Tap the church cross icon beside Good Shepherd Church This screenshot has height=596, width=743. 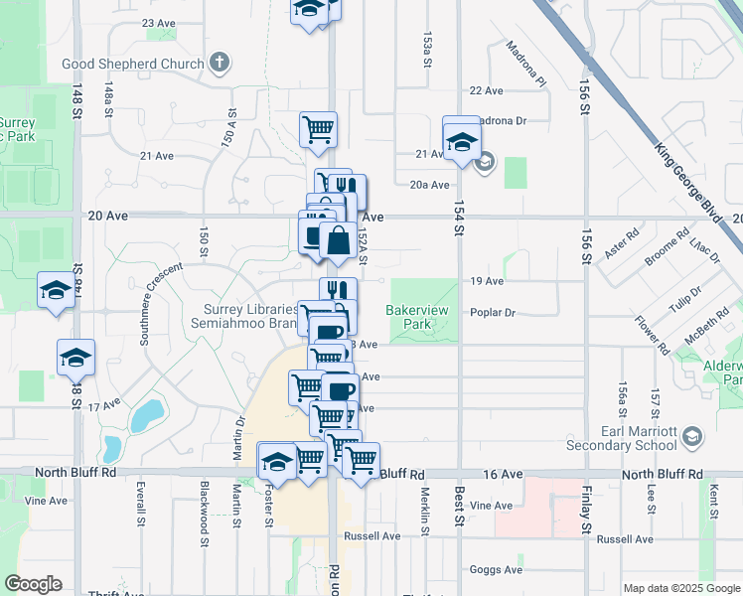(x=219, y=63)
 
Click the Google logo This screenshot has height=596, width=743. (x=33, y=584)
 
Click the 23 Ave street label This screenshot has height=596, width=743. (x=159, y=22)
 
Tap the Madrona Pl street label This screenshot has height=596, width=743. (x=526, y=63)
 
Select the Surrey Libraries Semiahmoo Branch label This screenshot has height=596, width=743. (x=250, y=317)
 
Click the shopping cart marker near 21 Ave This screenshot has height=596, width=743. (x=318, y=129)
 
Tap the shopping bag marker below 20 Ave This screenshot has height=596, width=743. (x=338, y=241)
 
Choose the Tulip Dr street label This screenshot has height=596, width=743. (x=683, y=299)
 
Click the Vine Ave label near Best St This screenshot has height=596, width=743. (x=492, y=506)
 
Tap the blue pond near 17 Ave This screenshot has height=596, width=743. (x=148, y=414)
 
